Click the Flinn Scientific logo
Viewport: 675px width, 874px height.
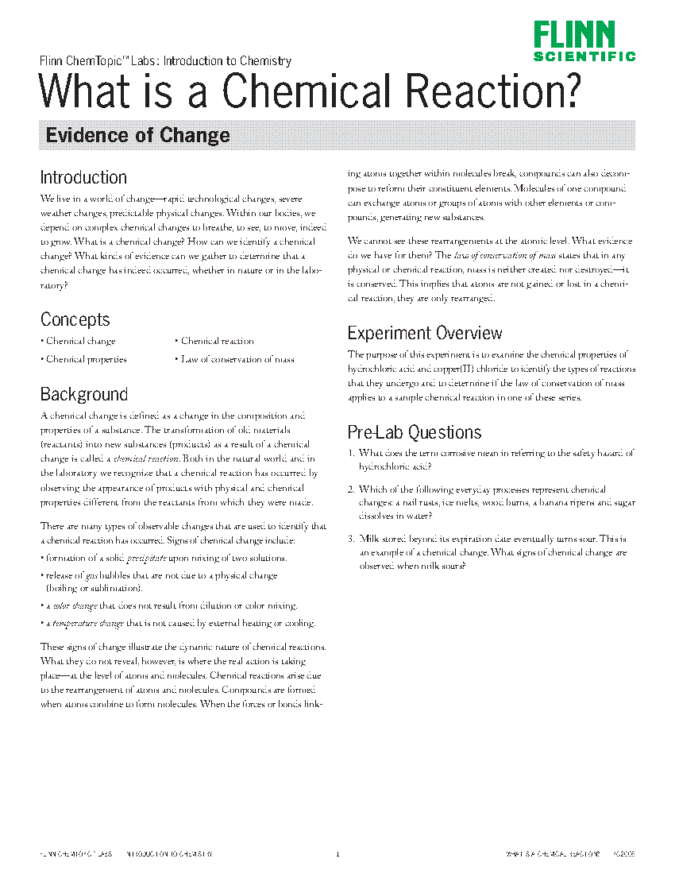point(584,41)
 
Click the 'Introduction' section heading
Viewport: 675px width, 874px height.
point(83,177)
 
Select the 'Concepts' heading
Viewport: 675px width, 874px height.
point(75,319)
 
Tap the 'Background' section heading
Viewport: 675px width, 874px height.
point(83,394)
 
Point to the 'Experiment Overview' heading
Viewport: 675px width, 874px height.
point(425,333)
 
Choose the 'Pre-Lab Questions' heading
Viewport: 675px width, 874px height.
point(415,432)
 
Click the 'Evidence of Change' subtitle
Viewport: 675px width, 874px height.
point(137,135)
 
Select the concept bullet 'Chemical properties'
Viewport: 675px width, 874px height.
point(86,359)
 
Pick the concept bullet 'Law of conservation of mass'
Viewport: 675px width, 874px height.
point(237,359)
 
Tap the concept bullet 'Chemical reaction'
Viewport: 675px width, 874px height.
point(217,341)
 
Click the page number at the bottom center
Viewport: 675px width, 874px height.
point(337,855)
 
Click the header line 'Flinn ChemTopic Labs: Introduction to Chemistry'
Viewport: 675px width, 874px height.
point(165,60)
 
